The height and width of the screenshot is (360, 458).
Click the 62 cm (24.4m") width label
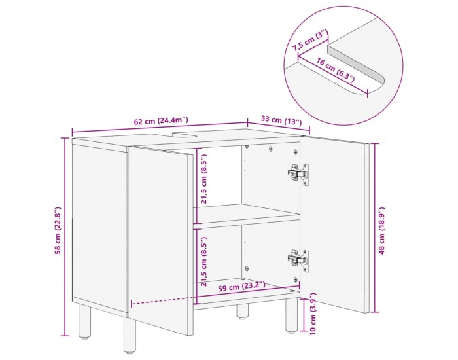161,120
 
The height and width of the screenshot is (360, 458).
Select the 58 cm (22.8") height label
58,230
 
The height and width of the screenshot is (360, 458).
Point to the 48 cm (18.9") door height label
381,230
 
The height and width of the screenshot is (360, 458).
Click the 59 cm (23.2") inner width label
242,287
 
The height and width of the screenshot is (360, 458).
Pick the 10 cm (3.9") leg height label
313,314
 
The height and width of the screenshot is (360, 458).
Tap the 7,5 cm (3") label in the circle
311,40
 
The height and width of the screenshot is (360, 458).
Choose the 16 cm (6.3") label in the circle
336,70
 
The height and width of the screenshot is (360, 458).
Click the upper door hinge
298,174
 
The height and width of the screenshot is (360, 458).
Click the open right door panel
335,224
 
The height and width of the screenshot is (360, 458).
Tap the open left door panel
161,240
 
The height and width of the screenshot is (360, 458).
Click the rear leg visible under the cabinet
243,311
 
